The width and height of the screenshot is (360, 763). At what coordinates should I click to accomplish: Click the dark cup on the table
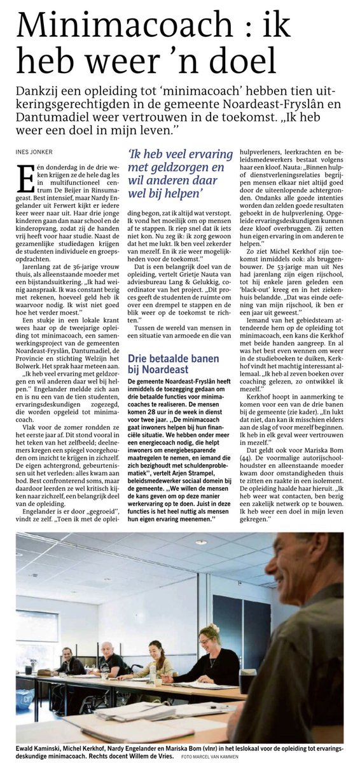tap(247, 682)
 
